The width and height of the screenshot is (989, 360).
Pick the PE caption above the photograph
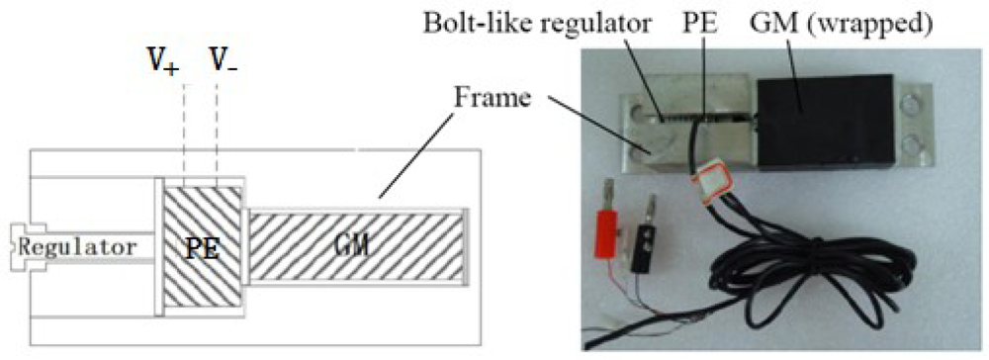click(714, 22)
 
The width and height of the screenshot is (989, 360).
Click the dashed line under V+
click(184, 129)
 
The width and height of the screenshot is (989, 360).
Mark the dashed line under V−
click(217, 129)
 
